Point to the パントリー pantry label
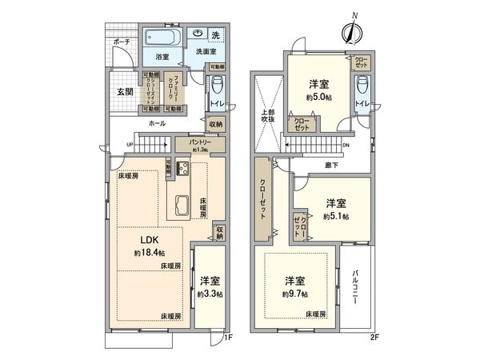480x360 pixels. pos(200,145)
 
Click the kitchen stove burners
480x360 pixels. pos(180,169)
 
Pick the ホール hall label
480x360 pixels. pos(157,123)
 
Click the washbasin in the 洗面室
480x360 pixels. pos(198,35)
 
